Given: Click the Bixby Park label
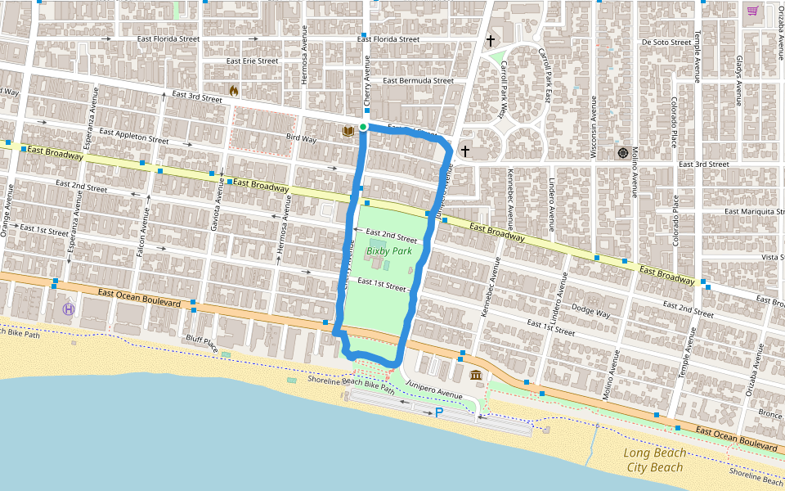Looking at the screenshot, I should click(x=389, y=251).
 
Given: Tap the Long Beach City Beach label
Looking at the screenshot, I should click(x=654, y=460).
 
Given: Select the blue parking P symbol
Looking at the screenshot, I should click(x=439, y=413).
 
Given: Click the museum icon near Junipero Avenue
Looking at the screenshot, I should click(x=476, y=375).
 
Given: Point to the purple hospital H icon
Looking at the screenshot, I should click(x=69, y=309).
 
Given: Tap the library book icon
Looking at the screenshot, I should click(x=348, y=130).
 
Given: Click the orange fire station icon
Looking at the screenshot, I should click(x=233, y=90).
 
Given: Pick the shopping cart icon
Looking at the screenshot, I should click(x=751, y=11).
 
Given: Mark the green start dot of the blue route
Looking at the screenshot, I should click(x=363, y=127).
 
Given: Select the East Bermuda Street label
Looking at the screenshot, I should click(x=418, y=80).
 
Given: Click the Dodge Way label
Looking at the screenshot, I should click(x=592, y=313).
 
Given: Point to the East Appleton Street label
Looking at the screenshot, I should click(x=133, y=135).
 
